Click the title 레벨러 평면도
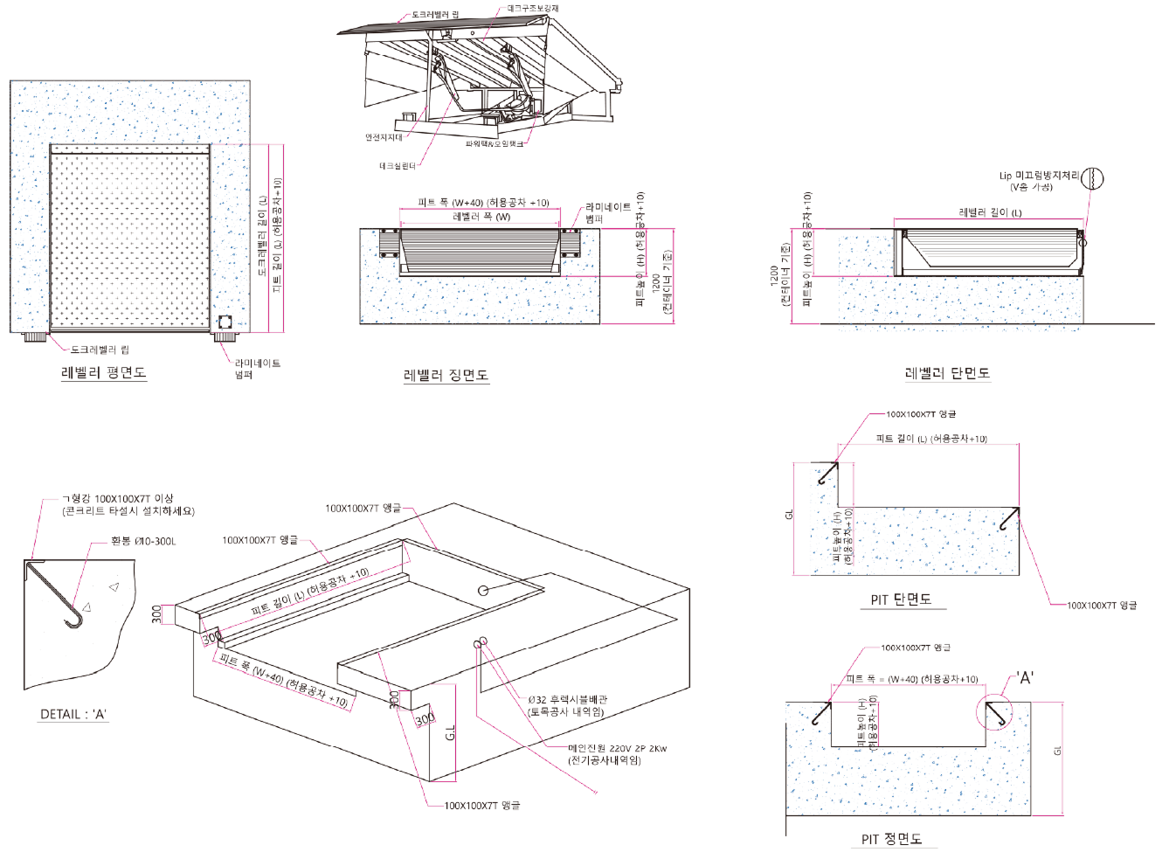pyautogui.click(x=103, y=373)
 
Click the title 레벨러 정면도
pyautogui.click(x=446, y=376)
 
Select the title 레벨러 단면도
pyautogui.click(x=947, y=374)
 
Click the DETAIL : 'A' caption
pyautogui.click(x=73, y=714)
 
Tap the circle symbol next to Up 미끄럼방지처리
pyautogui.click(x=1092, y=179)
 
